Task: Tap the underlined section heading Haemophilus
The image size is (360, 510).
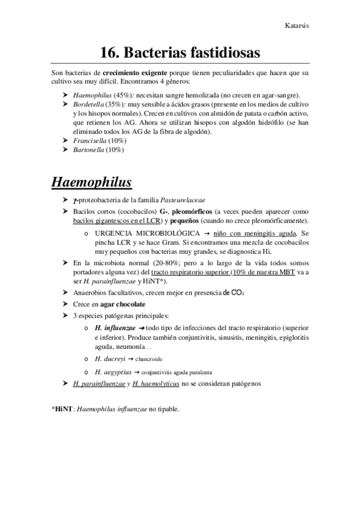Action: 92,180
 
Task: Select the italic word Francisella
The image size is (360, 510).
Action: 90,140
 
